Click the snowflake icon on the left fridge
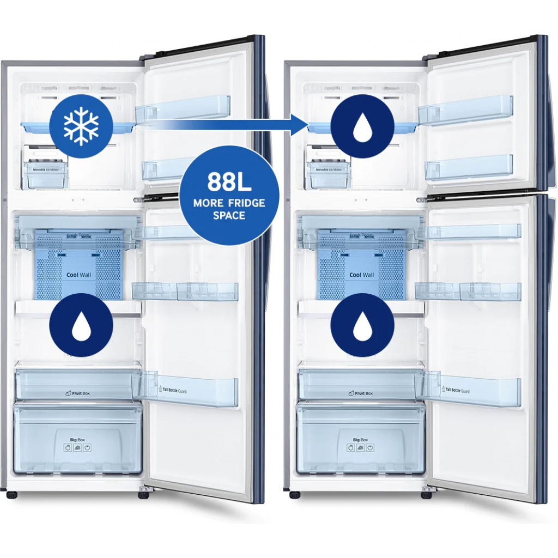click(x=81, y=126)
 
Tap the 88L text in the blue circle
click(x=229, y=182)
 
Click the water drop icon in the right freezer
click(x=362, y=126)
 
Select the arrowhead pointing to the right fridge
click(x=298, y=125)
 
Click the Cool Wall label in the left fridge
click(x=78, y=275)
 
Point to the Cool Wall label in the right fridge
click(x=362, y=275)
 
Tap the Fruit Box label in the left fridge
click(x=76, y=392)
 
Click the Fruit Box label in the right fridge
click(x=360, y=393)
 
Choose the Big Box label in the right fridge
click(x=360, y=439)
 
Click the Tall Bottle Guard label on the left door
click(x=182, y=390)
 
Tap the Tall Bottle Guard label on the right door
click(x=465, y=390)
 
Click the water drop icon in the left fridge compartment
click(x=81, y=325)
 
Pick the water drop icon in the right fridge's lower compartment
click(x=362, y=325)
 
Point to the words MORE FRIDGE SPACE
click(x=229, y=209)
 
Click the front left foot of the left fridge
click(x=11, y=495)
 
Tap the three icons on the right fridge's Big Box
click(x=360, y=448)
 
